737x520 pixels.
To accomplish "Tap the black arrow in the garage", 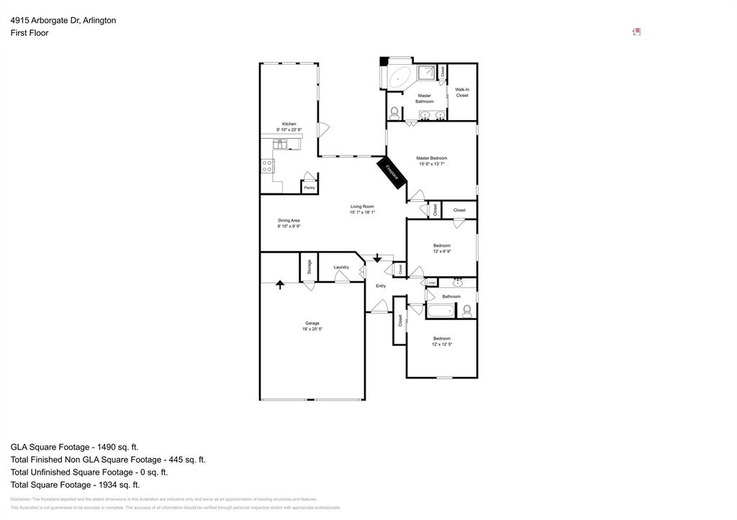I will (x=280, y=284).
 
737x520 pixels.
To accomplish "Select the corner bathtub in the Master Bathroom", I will (x=399, y=76).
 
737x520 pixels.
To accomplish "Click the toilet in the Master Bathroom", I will (x=394, y=113).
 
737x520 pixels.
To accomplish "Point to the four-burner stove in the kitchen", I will (x=268, y=167).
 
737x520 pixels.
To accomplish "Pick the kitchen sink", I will (x=280, y=144).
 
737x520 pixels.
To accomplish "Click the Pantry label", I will (x=309, y=188).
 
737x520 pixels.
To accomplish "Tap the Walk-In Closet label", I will (x=462, y=92).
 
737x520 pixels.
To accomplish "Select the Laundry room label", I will (x=341, y=267).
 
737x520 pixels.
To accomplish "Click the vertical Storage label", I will (x=309, y=266).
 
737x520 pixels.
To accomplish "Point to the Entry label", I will (x=381, y=286).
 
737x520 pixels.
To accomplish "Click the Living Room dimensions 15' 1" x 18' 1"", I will (x=362, y=212).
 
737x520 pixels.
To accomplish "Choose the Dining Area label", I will (x=289, y=220).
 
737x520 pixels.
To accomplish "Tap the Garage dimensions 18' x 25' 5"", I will (x=312, y=329).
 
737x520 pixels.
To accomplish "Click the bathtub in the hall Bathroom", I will (x=440, y=311).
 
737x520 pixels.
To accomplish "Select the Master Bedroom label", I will (x=432, y=158).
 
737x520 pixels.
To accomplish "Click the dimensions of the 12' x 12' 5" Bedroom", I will (x=442, y=345).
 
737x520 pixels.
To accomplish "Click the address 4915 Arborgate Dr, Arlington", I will (x=63, y=20).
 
